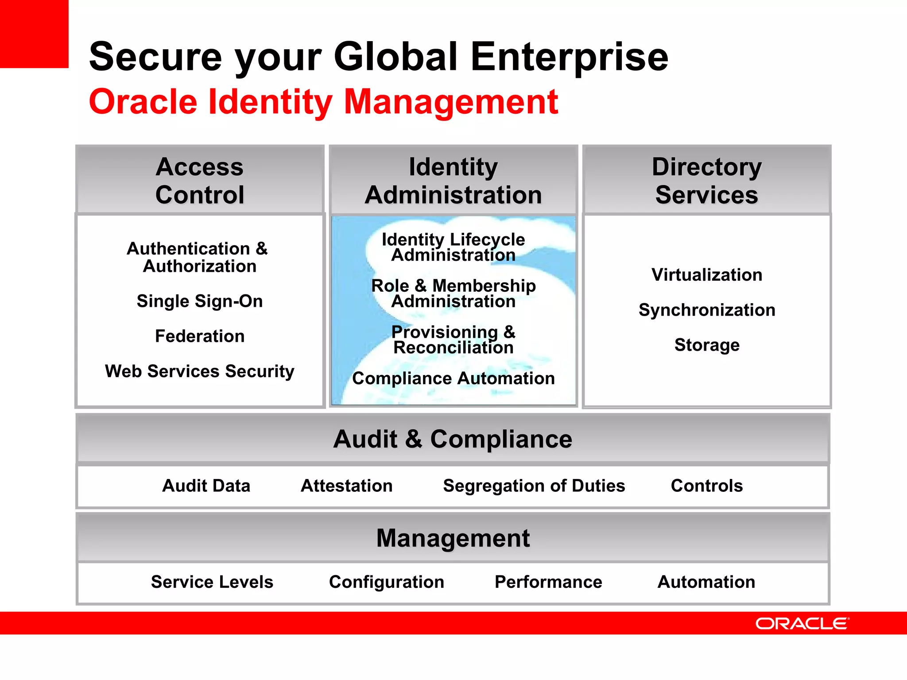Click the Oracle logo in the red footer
802,623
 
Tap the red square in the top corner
34,34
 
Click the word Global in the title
395,57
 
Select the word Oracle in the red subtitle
143,102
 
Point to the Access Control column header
200,181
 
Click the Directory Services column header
706,181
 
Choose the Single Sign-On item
200,301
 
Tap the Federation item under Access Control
200,336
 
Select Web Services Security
200,371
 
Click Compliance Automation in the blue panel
453,379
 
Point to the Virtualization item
707,275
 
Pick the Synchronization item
707,310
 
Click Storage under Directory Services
707,345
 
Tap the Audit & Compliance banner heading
453,439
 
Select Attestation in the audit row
347,486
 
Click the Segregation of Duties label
534,486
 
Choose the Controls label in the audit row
707,486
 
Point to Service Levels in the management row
212,582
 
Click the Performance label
548,582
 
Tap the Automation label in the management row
706,582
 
